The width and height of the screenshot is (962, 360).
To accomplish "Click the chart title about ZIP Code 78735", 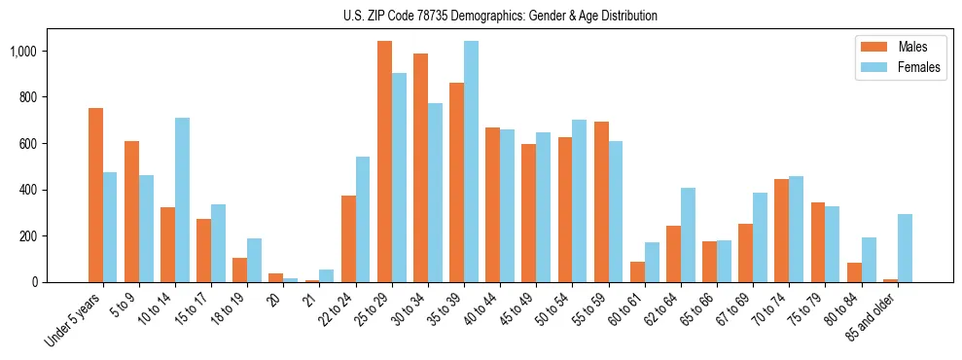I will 500,16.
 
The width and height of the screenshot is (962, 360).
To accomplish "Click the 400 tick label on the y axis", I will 26,190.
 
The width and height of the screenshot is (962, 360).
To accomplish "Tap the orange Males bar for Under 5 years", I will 95,195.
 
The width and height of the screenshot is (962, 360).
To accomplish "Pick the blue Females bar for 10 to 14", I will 182,199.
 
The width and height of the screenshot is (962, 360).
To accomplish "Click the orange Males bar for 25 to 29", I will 384,162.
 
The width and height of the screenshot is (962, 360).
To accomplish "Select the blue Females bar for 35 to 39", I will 471,162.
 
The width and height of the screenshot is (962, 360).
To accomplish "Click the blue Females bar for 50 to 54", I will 580,200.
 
